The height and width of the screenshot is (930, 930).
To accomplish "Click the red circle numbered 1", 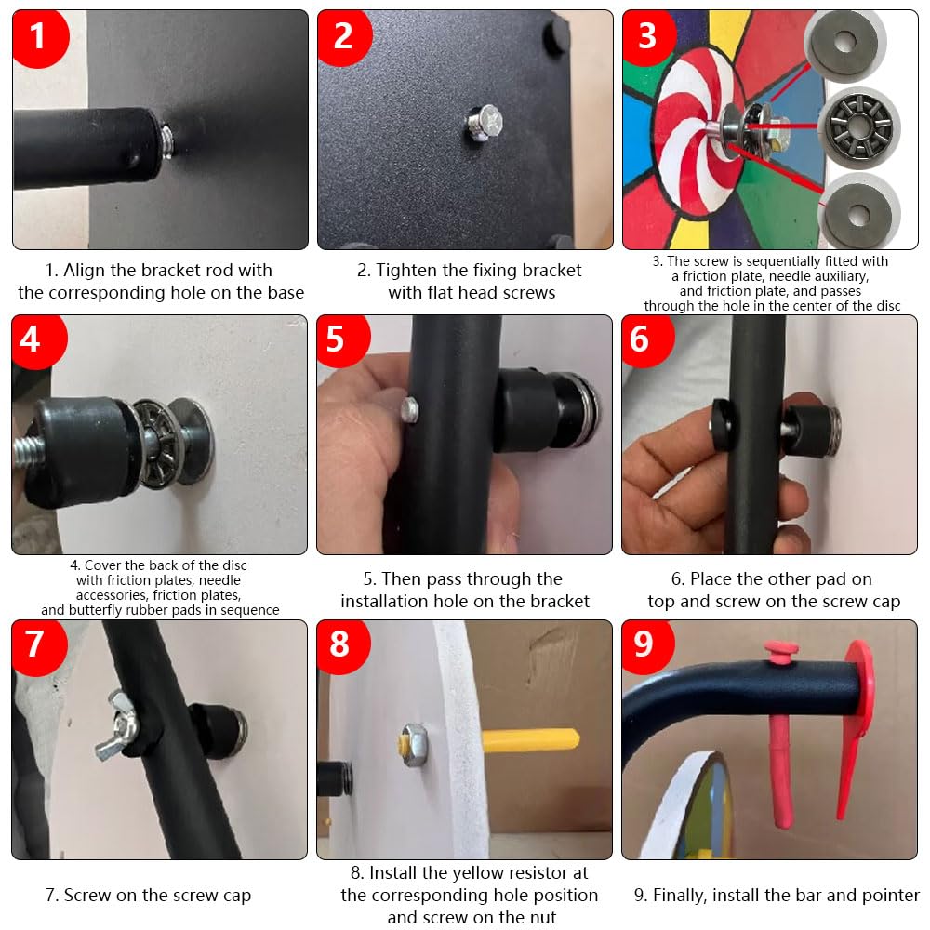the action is click(x=39, y=37).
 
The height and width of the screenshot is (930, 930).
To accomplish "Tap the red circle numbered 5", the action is click(x=342, y=340).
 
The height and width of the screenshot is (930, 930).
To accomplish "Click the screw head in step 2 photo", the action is click(x=485, y=123).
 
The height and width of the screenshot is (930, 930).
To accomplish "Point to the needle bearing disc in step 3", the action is click(x=859, y=126).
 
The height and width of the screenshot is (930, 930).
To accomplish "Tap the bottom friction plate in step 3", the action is click(x=857, y=214).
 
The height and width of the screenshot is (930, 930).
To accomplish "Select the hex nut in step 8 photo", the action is click(x=414, y=744).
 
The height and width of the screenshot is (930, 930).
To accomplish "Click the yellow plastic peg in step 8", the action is click(x=531, y=741).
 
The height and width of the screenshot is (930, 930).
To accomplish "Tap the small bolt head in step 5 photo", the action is click(x=410, y=410).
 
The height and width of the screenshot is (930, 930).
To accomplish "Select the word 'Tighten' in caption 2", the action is click(x=407, y=271).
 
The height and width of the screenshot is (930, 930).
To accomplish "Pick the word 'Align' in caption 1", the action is click(x=85, y=271).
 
